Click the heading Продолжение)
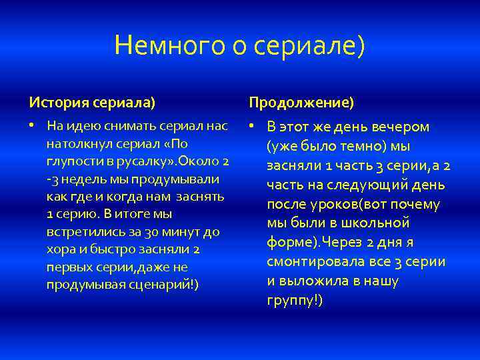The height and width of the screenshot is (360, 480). click(301, 103)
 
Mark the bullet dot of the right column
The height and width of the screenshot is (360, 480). click(252, 126)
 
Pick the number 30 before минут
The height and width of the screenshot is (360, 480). click(152, 232)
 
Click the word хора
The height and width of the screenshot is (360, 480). click(58, 250)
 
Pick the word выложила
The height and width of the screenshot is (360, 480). click(313, 281)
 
